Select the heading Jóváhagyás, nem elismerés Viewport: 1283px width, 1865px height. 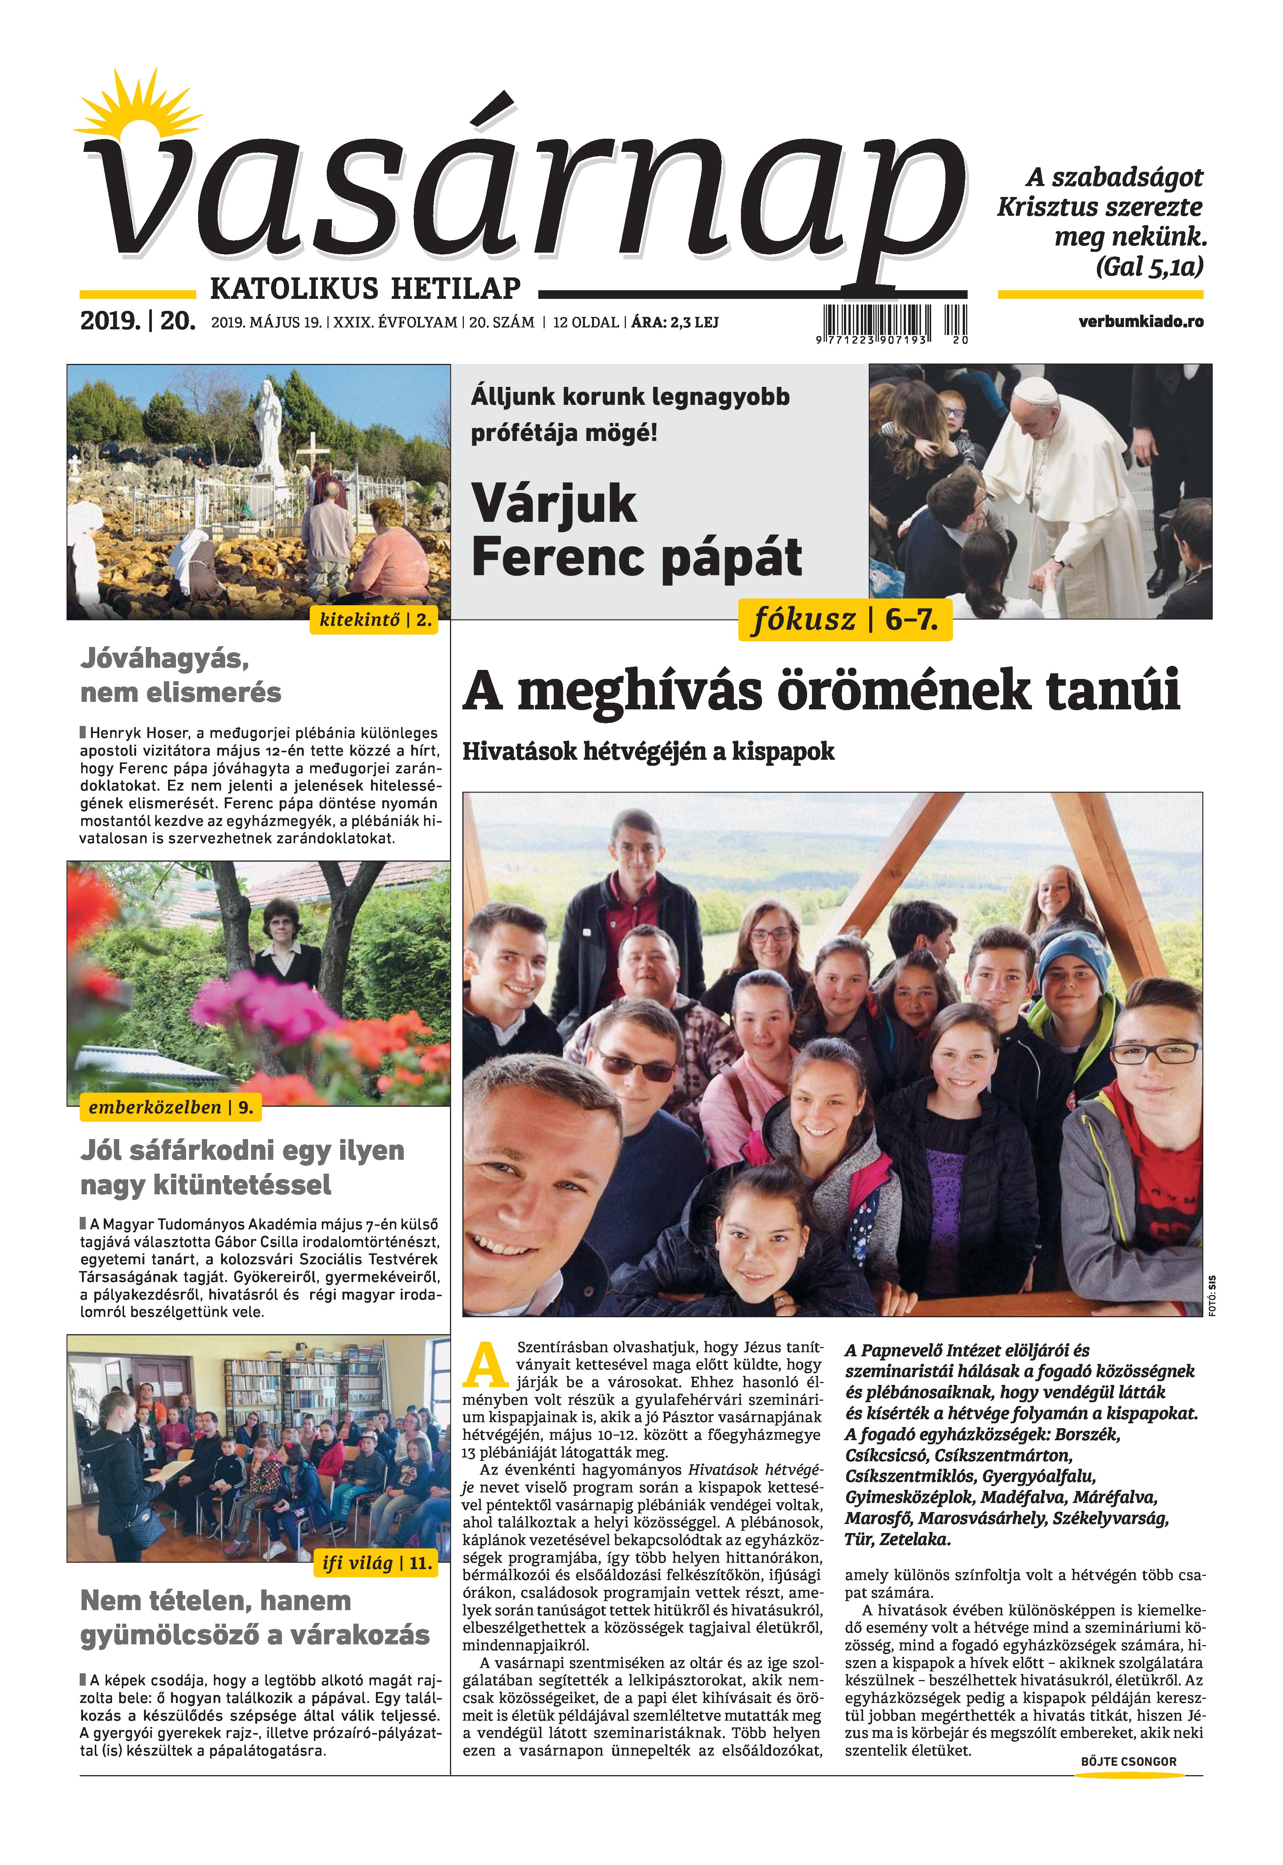point(181,675)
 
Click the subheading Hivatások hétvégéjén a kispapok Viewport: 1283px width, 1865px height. point(648,751)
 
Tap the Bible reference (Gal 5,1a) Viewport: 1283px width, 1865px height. point(1150,267)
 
